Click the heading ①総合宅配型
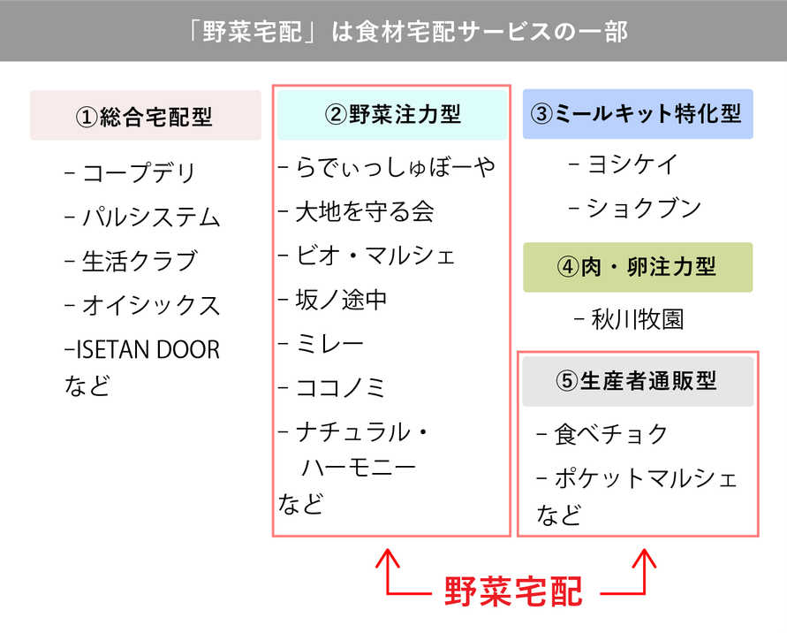(x=145, y=116)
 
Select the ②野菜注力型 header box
(x=392, y=114)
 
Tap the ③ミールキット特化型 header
(x=637, y=114)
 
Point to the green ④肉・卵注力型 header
(x=637, y=267)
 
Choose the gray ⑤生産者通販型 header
(x=637, y=381)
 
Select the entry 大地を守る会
(x=364, y=211)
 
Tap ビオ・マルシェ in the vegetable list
(x=375, y=255)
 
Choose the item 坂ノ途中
(x=341, y=300)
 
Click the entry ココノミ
(x=341, y=387)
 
